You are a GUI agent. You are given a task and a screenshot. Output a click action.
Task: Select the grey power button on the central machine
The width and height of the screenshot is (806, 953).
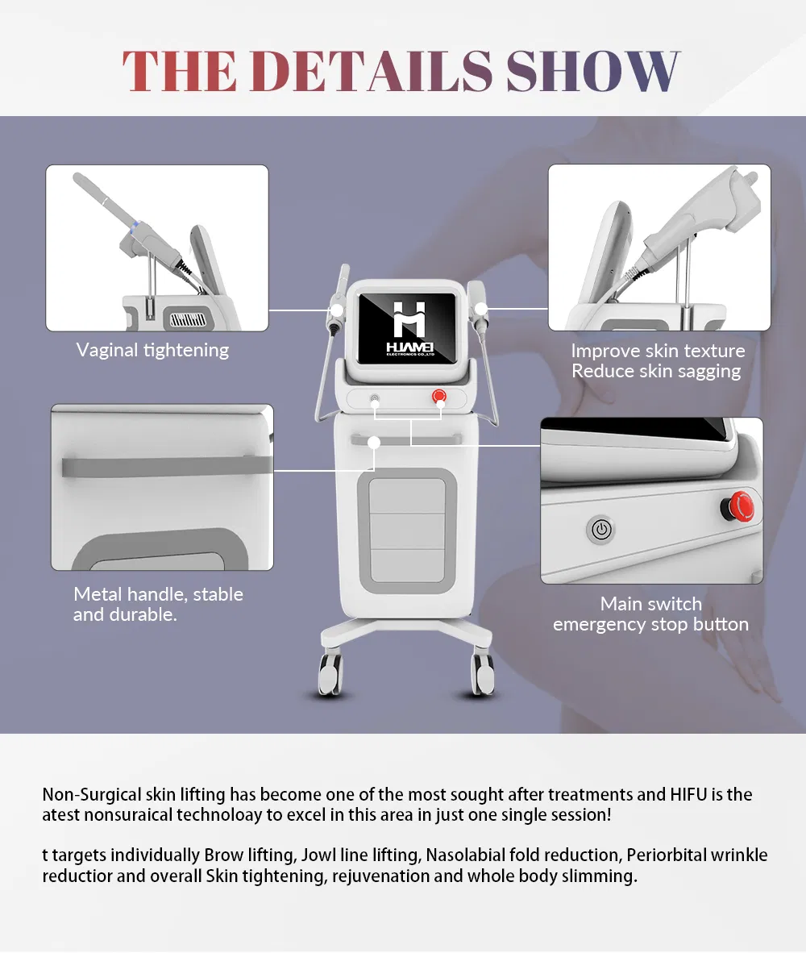pos(375,399)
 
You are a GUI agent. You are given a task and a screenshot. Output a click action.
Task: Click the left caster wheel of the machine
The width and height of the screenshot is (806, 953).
pos(331,673)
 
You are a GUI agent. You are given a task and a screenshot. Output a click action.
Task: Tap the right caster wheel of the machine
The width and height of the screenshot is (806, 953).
pos(483,673)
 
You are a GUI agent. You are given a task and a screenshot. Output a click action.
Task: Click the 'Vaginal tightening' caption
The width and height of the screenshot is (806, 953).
pos(152,351)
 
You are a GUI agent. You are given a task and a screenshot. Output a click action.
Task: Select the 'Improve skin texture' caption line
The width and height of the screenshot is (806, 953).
pos(658,351)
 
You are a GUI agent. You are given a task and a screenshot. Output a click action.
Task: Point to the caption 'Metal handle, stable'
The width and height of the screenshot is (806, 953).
pos(158,593)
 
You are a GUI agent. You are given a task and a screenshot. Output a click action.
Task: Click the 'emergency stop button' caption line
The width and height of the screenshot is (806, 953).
pos(650,624)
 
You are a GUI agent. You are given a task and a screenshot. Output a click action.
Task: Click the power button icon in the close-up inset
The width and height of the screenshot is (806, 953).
pos(601,530)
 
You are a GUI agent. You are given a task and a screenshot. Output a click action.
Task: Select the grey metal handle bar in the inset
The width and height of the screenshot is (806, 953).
pos(167,466)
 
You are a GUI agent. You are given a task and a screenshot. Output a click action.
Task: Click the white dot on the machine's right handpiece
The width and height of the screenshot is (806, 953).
pos(481,309)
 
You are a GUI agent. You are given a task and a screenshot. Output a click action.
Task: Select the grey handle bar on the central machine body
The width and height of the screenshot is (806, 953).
pos(405,439)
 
